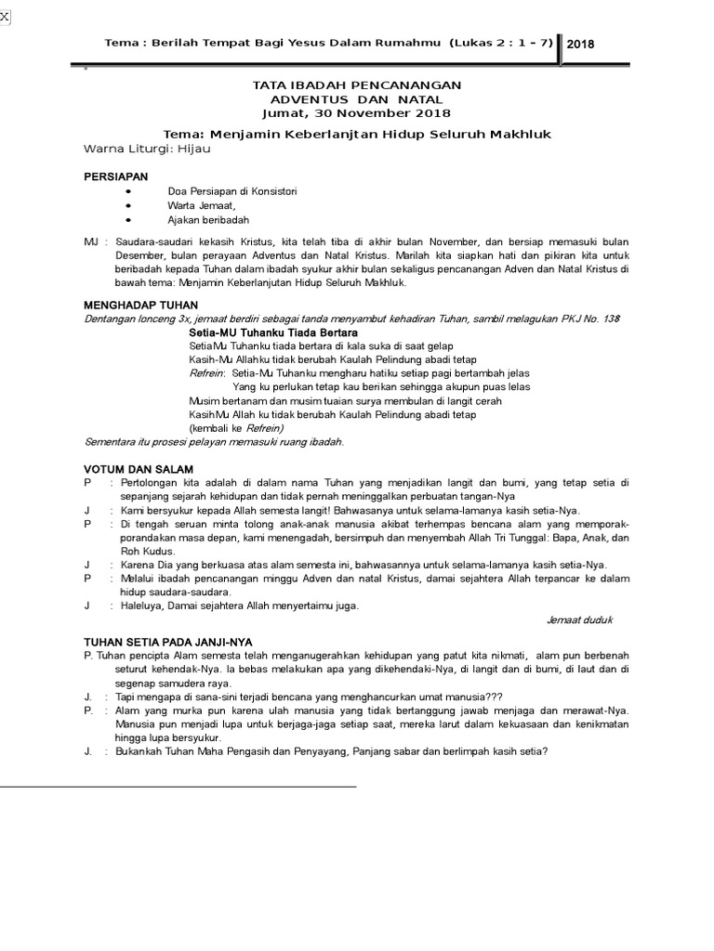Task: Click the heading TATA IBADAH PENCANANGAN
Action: coord(357,85)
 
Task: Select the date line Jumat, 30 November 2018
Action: coord(357,113)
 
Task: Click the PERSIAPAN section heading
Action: coord(115,176)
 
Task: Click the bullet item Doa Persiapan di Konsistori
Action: coord(231,190)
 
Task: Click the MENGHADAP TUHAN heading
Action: coord(140,305)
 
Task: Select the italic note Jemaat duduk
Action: coord(578,619)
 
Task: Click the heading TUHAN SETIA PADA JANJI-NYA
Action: coord(167,642)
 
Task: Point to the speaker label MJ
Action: coord(91,241)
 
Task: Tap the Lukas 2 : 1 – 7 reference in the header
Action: coord(501,44)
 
